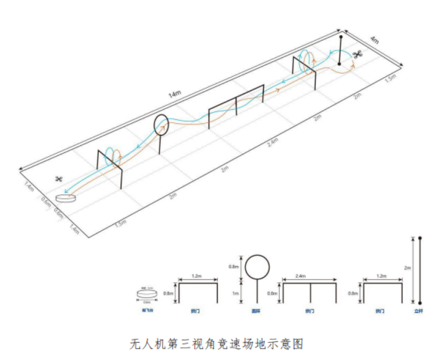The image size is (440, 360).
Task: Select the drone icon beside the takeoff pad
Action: coord(59,179)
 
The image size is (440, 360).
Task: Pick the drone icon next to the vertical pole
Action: coord(358,54)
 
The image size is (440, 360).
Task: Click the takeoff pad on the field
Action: coord(65,197)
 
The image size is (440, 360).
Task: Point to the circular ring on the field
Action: coord(160,124)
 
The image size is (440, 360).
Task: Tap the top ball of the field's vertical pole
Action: coord(341,37)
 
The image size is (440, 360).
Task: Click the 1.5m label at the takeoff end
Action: coord(120,222)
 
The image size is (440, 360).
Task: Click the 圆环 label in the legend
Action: coord(257,311)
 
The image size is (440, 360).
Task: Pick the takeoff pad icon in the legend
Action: coord(148,294)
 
